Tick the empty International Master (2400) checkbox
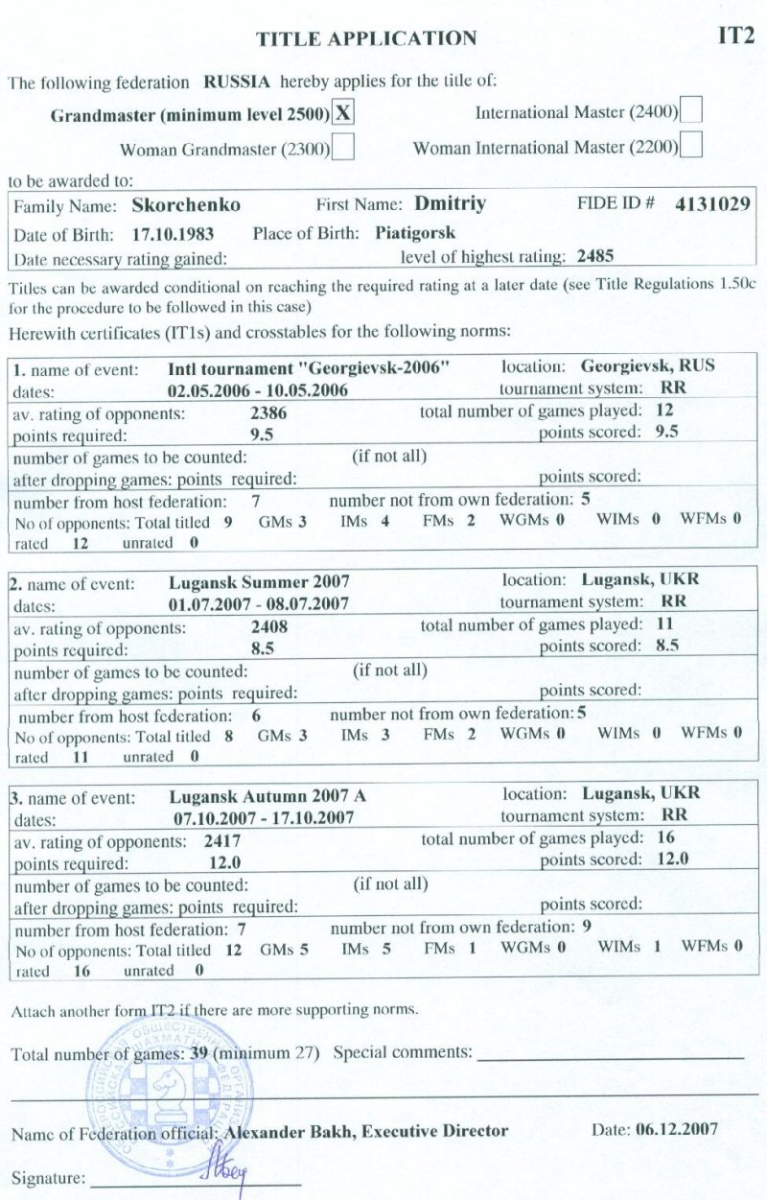click(x=691, y=111)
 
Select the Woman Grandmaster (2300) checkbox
click(x=343, y=148)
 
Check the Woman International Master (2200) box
click(x=691, y=147)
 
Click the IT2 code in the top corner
click(x=736, y=36)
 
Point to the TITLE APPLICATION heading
click(x=366, y=39)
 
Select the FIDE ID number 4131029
click(x=710, y=204)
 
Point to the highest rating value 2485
click(x=595, y=256)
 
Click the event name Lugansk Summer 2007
click(x=259, y=581)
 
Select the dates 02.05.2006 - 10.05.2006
click(x=257, y=390)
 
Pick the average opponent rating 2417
click(x=221, y=840)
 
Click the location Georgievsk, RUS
click(x=648, y=366)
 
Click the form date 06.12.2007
click(x=676, y=1130)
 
